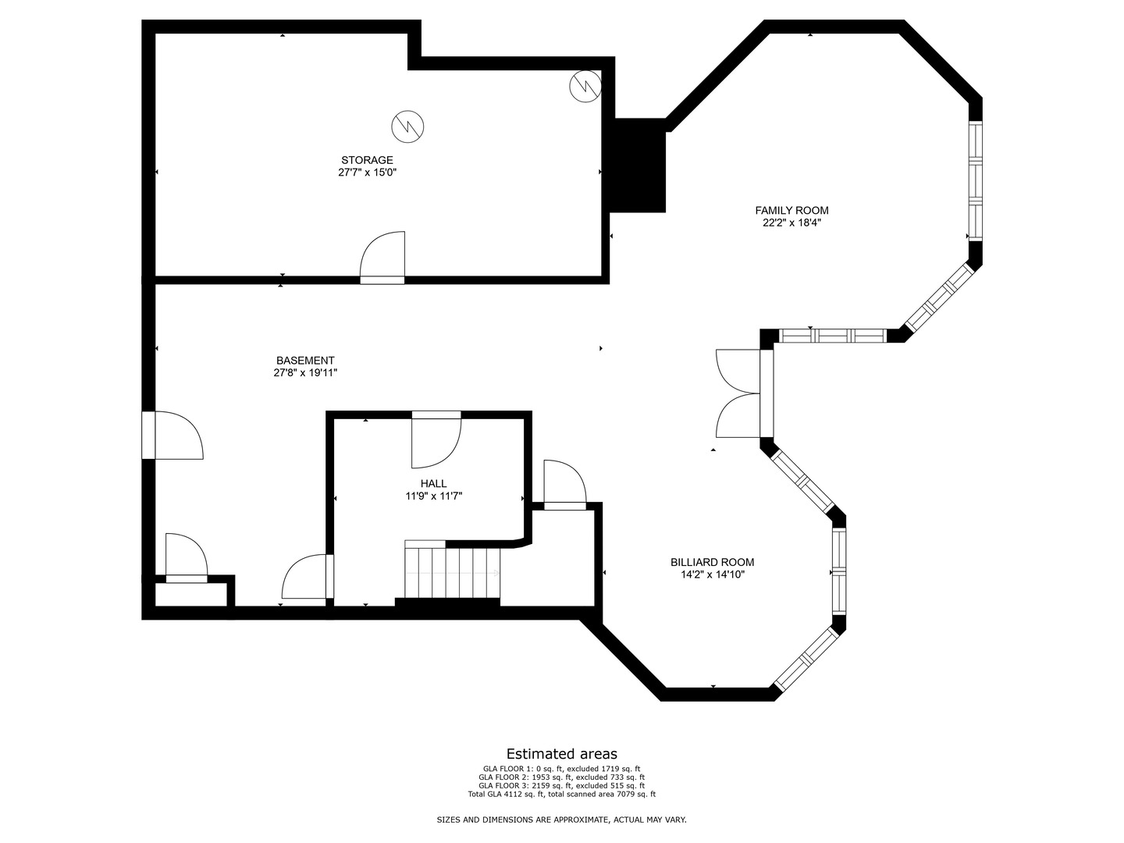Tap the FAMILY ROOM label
pyautogui.click(x=791, y=210)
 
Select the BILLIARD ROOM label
pyautogui.click(x=712, y=562)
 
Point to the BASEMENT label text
pyautogui.click(x=305, y=361)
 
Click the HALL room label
pyautogui.click(x=433, y=484)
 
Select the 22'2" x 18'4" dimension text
pyautogui.click(x=791, y=222)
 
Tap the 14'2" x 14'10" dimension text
pyautogui.click(x=712, y=574)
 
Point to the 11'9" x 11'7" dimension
pyautogui.click(x=433, y=496)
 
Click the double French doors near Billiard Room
pyautogui.click(x=738, y=393)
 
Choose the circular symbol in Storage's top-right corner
pyautogui.click(x=585, y=86)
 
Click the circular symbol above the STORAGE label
pyautogui.click(x=407, y=126)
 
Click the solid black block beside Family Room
pyautogui.click(x=638, y=165)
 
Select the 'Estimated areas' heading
pyautogui.click(x=561, y=754)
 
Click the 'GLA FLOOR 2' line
pyautogui.click(x=561, y=777)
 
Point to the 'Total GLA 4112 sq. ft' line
pyautogui.click(x=561, y=795)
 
